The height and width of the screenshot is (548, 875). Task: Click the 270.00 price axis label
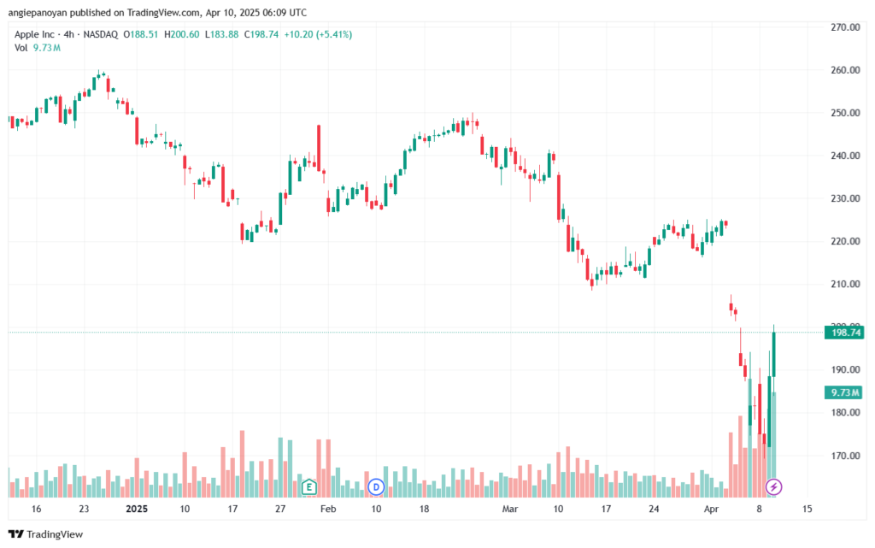coord(844,27)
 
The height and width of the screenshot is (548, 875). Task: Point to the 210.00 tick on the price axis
coord(844,284)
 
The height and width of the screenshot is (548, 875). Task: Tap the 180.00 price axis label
coord(844,412)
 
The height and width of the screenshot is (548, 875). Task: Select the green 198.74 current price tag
coord(843,333)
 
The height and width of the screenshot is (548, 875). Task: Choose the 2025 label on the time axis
coord(138,508)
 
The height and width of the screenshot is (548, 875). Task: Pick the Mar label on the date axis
coord(510,508)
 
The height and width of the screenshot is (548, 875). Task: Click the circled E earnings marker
coord(308,487)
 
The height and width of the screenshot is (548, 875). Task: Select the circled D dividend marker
coord(374,487)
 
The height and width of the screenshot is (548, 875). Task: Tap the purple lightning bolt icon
coord(773,487)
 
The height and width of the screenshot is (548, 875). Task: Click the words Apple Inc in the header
coord(35,34)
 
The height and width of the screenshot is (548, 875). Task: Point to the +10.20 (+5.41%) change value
coord(321,34)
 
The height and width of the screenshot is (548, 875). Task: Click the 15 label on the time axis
coord(807,508)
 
